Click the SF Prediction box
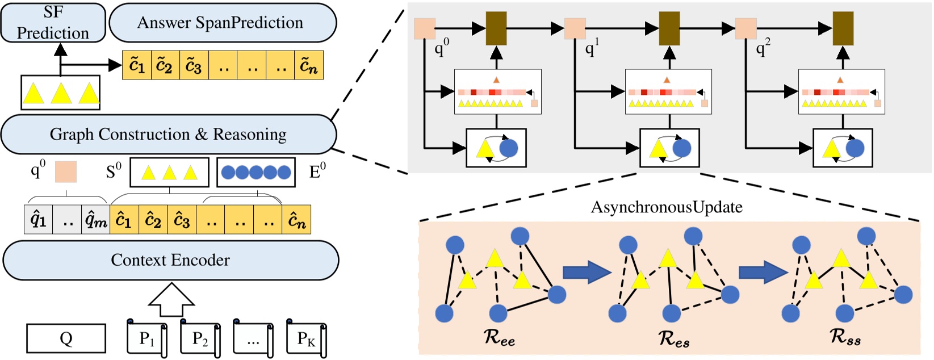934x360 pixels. (x=53, y=23)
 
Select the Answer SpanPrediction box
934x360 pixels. (x=222, y=23)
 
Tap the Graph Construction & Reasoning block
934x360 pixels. (x=169, y=135)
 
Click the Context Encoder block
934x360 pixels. (x=170, y=260)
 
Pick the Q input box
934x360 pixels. (x=66, y=338)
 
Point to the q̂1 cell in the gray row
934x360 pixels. (x=38, y=220)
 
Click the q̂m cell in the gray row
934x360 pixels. (x=95, y=220)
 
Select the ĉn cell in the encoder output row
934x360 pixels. (x=296, y=220)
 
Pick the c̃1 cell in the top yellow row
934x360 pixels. (x=137, y=65)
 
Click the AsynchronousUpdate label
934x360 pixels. (x=667, y=207)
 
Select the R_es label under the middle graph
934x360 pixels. (x=674, y=338)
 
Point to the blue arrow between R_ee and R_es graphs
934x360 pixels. (x=586, y=272)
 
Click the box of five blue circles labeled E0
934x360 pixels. (x=256, y=173)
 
